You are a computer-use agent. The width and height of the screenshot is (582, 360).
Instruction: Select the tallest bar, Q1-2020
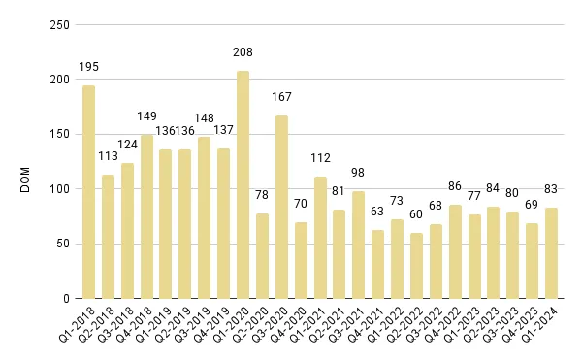pyautogui.click(x=242, y=184)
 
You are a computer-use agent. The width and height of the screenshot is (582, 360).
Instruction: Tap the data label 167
pyautogui.click(x=281, y=97)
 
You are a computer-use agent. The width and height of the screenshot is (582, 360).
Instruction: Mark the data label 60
pyautogui.click(x=416, y=214)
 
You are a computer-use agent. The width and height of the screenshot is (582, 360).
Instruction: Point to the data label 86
pyautogui.click(x=455, y=186)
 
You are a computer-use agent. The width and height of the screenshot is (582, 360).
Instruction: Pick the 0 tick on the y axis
pyautogui.click(x=62, y=299)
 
